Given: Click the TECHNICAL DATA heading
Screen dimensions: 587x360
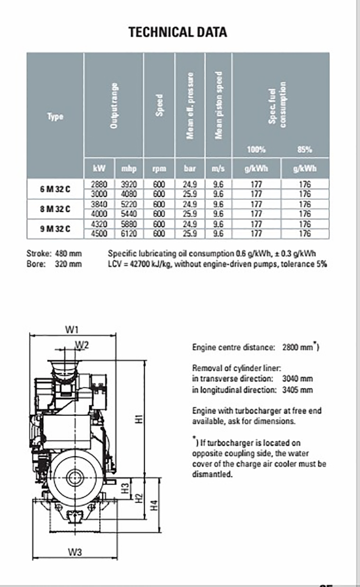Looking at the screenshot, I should [177, 32].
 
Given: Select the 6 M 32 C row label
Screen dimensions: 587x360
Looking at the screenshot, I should [55, 189].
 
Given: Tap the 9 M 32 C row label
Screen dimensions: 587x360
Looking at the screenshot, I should [55, 228].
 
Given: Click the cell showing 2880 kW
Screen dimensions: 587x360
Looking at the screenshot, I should [99, 184].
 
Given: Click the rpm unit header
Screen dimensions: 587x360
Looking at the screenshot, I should [159, 168].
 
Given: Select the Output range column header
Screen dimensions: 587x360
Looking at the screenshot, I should [115, 105].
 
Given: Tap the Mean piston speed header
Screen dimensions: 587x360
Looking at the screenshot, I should [219, 105].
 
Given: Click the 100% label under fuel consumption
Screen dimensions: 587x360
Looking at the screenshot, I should [256, 150].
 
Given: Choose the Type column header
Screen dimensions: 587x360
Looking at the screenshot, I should [55, 117].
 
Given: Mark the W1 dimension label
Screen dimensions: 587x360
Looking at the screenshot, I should [72, 329].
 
